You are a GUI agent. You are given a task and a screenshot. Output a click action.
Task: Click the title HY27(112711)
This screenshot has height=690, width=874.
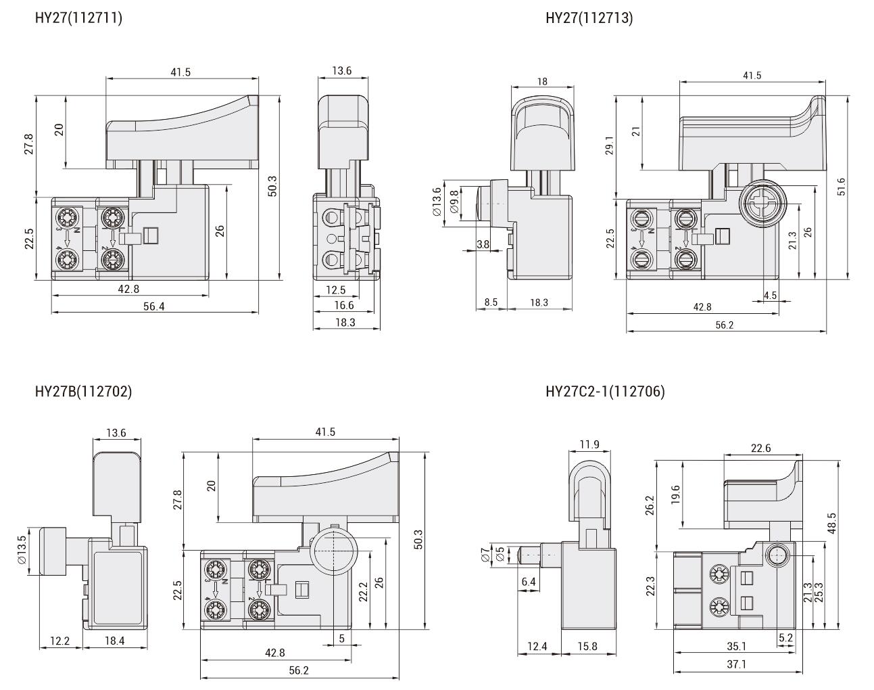[78, 18]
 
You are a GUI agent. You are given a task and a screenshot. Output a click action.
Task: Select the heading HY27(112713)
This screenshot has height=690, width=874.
[589, 18]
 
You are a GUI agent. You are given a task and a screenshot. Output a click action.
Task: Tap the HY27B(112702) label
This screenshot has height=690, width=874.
[83, 391]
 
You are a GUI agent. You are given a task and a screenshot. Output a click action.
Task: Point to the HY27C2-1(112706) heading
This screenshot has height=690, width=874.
[605, 391]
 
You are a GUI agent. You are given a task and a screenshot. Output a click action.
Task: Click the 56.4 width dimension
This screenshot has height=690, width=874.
[153, 306]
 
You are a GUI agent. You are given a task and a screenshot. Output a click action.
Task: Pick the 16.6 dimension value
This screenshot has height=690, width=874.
[344, 306]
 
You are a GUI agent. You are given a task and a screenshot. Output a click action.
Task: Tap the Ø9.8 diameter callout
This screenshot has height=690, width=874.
[454, 201]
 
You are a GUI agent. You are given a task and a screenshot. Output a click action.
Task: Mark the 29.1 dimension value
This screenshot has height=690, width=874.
[609, 146]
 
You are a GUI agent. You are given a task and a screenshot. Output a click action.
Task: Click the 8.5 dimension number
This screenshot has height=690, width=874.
[491, 302]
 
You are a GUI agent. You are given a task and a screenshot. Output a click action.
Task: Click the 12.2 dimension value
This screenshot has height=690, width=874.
[60, 641]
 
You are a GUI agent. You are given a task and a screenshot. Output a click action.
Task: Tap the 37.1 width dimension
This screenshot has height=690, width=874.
[736, 665]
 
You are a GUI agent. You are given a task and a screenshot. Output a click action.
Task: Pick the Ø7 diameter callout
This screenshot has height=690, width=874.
[485, 555]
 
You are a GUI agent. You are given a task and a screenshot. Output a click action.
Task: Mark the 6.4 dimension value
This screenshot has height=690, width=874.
[529, 582]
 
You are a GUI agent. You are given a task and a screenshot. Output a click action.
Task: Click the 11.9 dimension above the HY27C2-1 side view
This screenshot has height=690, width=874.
[589, 444]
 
